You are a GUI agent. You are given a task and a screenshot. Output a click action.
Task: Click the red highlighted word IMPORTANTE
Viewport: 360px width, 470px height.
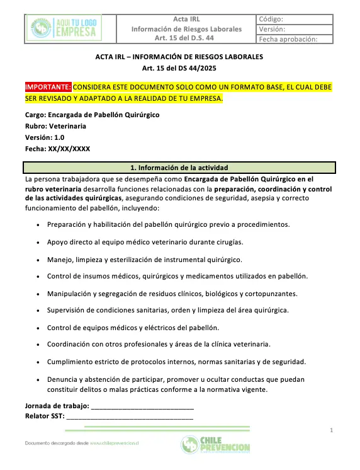click(48, 86)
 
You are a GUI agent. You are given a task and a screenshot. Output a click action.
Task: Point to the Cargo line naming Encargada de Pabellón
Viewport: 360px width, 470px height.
click(92, 115)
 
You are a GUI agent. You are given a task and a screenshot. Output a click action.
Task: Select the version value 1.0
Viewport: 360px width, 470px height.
click(59, 137)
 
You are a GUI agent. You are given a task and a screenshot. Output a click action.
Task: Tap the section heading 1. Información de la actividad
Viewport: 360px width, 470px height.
click(179, 168)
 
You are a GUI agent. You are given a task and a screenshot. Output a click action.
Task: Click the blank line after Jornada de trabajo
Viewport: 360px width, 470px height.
click(142, 406)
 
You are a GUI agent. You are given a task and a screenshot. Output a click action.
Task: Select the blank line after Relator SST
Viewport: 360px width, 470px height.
click(130, 416)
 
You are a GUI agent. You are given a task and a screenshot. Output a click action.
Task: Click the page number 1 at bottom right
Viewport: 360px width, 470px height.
click(331, 430)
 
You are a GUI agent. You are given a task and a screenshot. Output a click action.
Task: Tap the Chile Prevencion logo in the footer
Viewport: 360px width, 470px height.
click(215, 445)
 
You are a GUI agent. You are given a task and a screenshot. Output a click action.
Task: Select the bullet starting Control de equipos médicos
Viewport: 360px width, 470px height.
click(132, 327)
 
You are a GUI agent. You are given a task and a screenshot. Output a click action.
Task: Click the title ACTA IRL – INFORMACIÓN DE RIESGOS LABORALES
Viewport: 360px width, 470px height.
click(179, 57)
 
